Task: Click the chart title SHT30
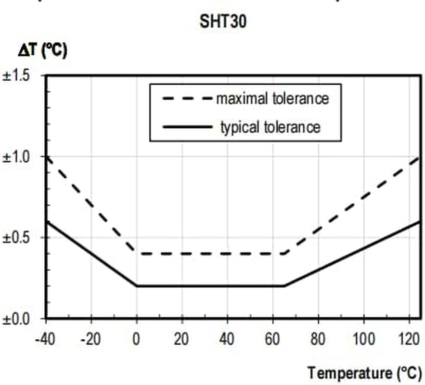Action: point(223,21)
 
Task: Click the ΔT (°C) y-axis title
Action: point(39,50)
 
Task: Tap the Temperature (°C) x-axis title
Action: point(364,372)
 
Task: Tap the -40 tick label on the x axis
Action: point(45,339)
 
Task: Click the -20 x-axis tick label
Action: point(90,339)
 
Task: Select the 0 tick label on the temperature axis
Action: point(137,339)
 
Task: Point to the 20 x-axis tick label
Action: point(181,339)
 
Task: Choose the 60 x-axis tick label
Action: point(272,339)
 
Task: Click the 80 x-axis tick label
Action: point(318,339)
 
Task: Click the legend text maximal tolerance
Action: point(272,99)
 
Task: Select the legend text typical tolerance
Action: point(270,128)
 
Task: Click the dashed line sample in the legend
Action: point(187,99)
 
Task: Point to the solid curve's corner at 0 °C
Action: point(137,286)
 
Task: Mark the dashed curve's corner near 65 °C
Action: point(284,253)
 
